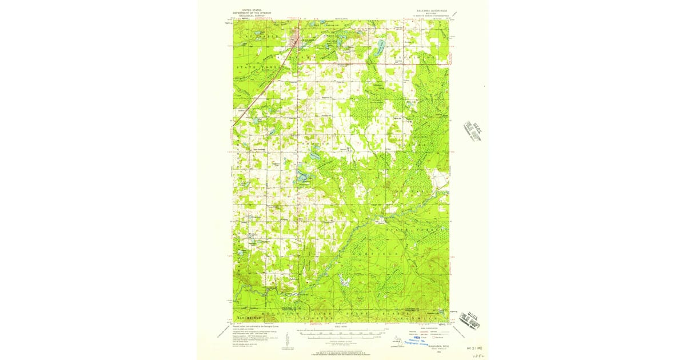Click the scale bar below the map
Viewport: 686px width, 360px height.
pos(341,333)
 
